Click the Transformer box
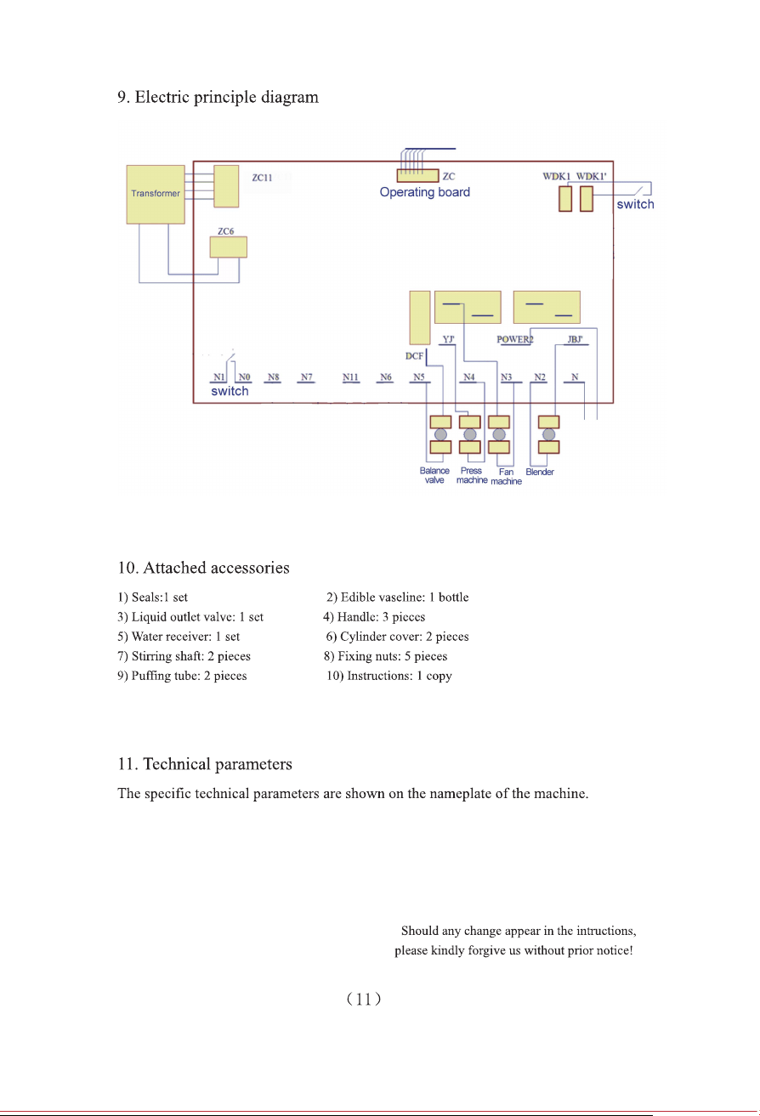click(156, 195)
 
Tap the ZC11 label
click(262, 178)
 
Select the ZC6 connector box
click(228, 247)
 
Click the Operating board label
click(424, 192)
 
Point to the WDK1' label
click(591, 177)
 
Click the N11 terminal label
click(350, 377)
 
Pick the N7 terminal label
click(307, 377)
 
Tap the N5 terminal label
click(419, 377)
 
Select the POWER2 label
click(515, 339)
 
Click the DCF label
click(414, 356)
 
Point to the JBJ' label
click(575, 339)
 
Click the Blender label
click(540, 472)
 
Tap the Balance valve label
click(434, 475)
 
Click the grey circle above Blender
click(548, 434)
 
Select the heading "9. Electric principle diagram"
click(218, 97)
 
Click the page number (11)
click(364, 999)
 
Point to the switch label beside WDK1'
click(635, 204)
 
